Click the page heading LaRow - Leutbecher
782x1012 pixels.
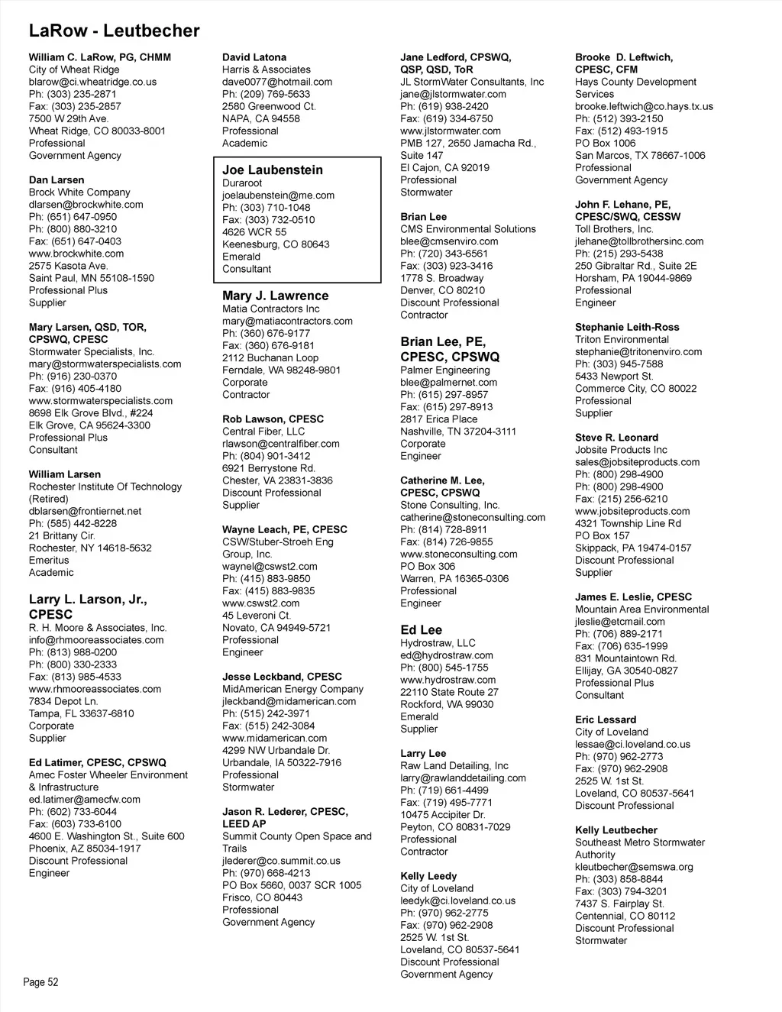(114, 31)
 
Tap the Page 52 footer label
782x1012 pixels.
(40, 982)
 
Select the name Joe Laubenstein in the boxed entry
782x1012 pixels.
(273, 170)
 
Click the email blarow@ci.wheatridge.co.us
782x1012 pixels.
(92, 82)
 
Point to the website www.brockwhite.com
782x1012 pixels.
(76, 254)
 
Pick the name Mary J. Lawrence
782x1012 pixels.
(275, 296)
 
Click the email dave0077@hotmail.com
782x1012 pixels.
(277, 82)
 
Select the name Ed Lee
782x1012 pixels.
(421, 630)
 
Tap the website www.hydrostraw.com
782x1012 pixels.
(448, 680)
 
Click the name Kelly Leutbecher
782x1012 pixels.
(616, 830)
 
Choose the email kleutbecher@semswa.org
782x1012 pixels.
(634, 867)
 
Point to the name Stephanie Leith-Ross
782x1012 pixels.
(627, 327)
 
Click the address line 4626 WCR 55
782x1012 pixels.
(254, 232)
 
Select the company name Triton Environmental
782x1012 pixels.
(622, 339)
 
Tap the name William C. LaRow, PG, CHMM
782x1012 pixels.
(100, 57)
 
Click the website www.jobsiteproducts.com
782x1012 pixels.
(632, 511)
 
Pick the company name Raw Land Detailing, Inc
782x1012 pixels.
(454, 765)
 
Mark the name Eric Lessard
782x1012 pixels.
(606, 719)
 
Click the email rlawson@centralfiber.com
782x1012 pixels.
(281, 444)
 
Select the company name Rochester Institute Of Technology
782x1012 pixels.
(105, 487)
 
